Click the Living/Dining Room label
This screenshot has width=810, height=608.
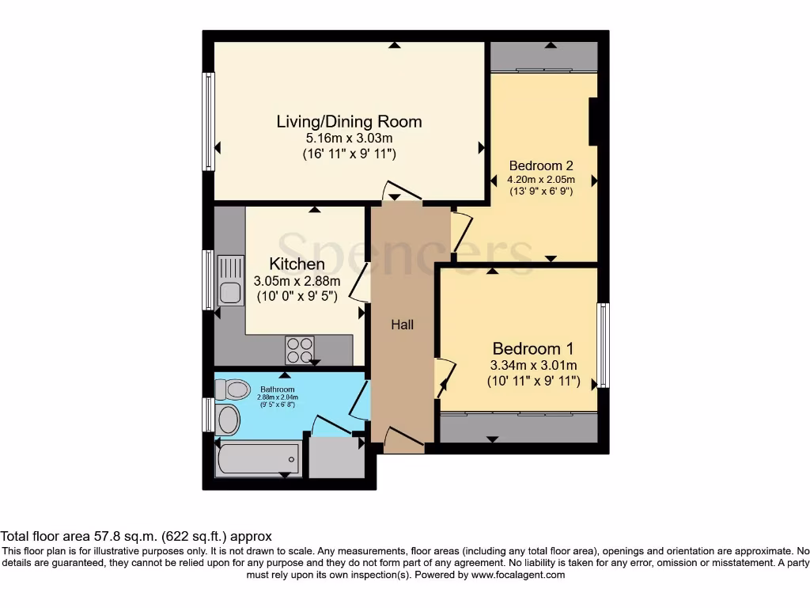pos(349,121)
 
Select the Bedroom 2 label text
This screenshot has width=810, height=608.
pos(540,166)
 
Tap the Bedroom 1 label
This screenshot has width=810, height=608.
pos(532,348)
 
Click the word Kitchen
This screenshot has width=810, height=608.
pos(297,264)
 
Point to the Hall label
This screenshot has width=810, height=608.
pos(403,325)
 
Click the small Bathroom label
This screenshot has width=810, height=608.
pos(278,389)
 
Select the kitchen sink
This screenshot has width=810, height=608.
pos(230,282)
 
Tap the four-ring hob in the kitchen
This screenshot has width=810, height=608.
pos(300,349)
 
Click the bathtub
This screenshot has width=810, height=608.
pos(259,458)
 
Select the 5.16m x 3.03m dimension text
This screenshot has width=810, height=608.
pos(349,139)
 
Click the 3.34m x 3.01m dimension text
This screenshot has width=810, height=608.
pos(532,365)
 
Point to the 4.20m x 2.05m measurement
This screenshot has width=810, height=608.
pos(540,180)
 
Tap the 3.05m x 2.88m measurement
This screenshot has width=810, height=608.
pos(297,281)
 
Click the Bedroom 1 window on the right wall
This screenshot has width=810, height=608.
pos(604,345)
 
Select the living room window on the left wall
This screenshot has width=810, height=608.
pos(209,121)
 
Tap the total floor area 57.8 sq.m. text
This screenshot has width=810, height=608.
pos(136,536)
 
